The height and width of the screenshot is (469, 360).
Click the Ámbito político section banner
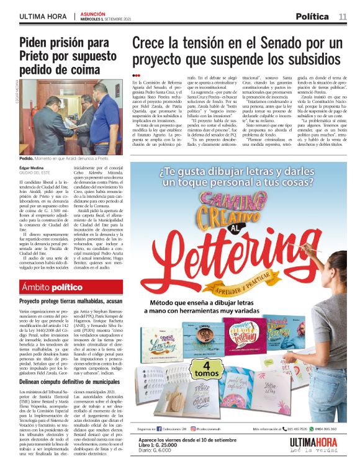coord(52,287)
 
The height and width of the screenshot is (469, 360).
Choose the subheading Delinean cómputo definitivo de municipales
coord(70,383)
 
